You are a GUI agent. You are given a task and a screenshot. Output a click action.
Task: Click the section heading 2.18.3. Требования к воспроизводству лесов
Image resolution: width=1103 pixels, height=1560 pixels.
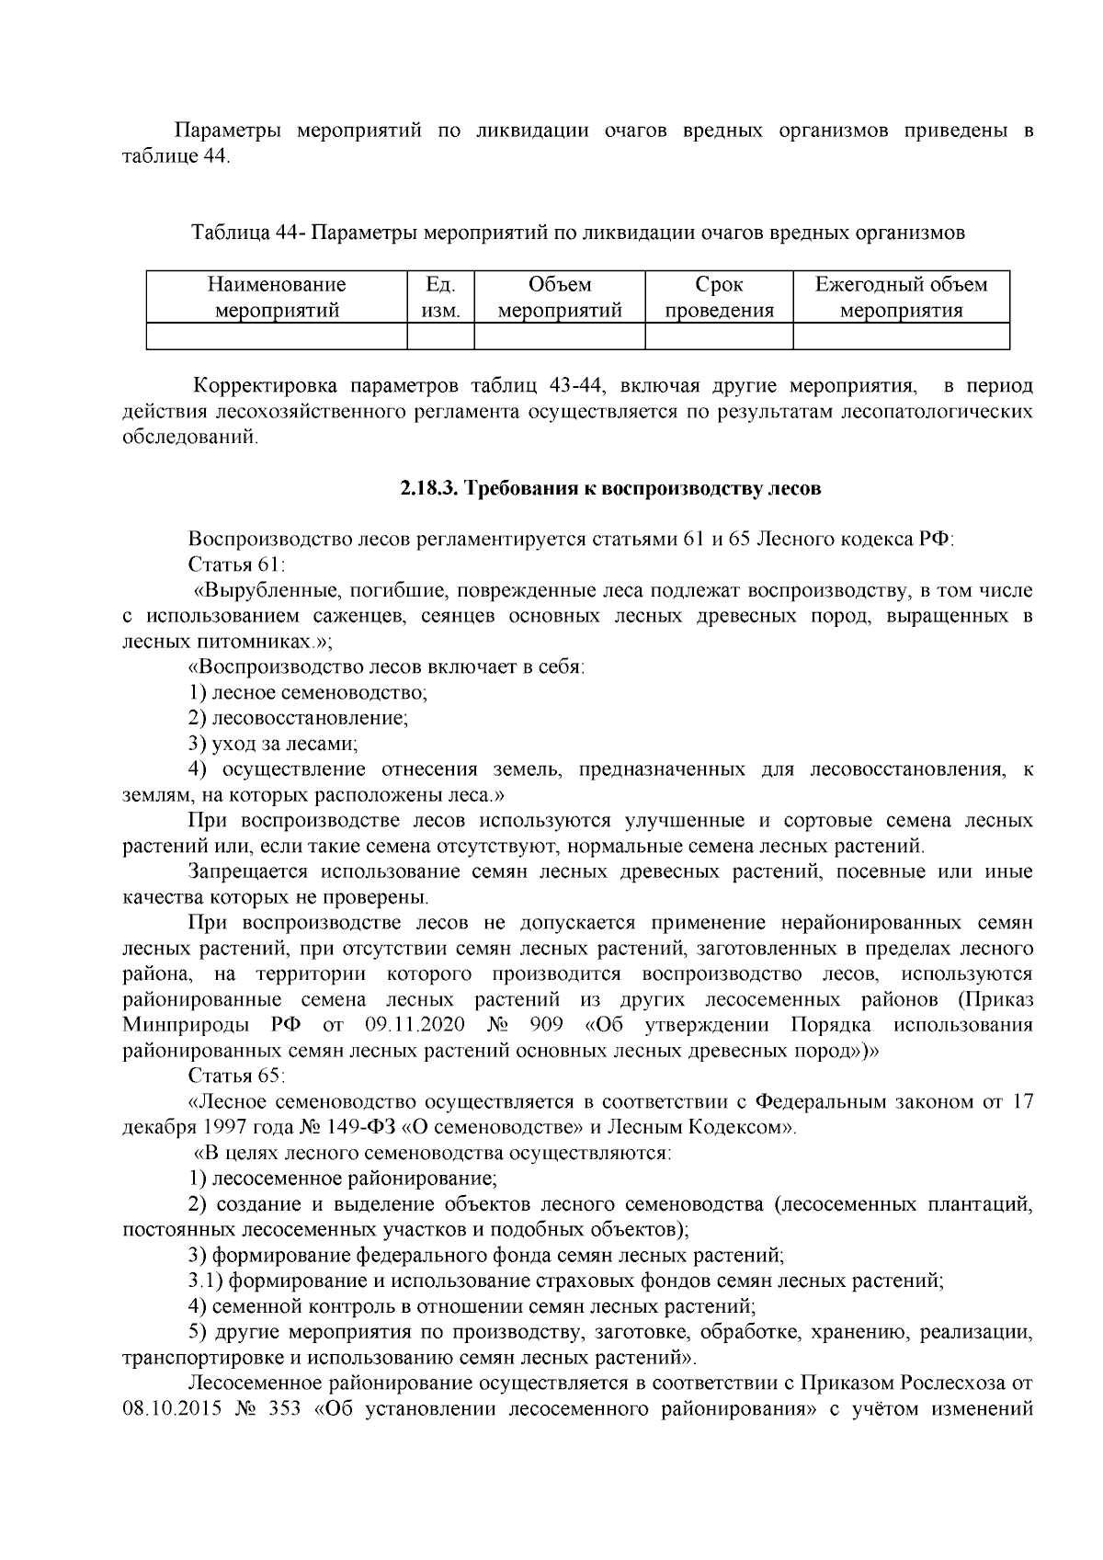pos(609,489)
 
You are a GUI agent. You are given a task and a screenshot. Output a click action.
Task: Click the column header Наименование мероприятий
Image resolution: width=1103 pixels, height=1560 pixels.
pos(277,297)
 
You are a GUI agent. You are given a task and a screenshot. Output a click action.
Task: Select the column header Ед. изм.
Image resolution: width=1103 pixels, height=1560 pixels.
pos(439,297)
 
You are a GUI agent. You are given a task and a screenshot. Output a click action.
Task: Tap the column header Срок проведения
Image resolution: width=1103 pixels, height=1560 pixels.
pos(719,297)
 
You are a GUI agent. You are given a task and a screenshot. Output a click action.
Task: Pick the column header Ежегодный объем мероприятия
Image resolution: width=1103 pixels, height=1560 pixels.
pos(901,297)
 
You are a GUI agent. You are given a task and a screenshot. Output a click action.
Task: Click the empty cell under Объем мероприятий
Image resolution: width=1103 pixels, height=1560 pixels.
pos(559,336)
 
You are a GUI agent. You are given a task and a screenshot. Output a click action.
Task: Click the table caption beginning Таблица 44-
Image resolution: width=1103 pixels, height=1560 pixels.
pos(578,233)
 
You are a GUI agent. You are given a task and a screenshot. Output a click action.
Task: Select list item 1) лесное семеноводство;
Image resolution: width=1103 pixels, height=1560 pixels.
pos(308,692)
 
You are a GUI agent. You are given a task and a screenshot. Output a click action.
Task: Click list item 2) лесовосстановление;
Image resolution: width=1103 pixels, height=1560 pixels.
pos(298,718)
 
